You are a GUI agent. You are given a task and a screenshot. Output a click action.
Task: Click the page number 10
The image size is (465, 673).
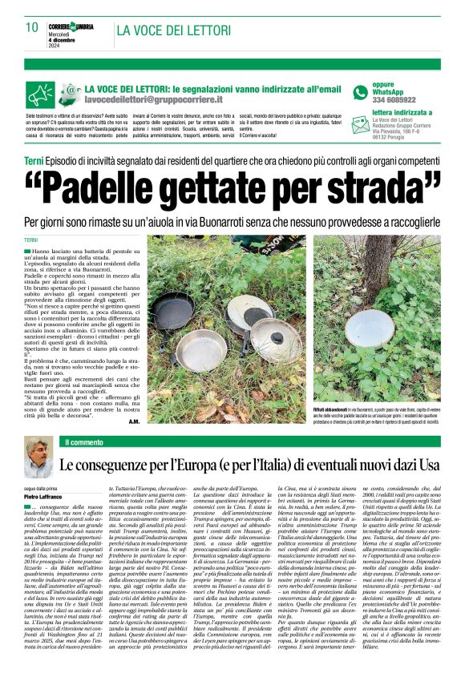(x=31, y=27)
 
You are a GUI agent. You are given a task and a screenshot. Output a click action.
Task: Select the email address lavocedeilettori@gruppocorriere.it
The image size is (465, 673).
(x=153, y=102)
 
